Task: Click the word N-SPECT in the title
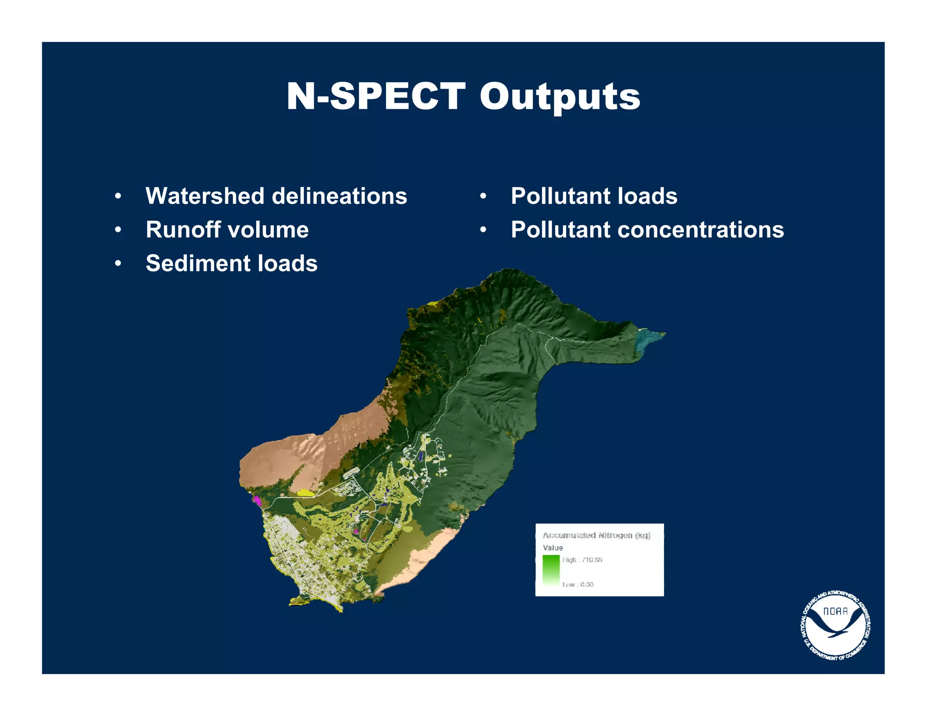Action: pyautogui.click(x=376, y=96)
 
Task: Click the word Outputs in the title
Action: pyautogui.click(x=560, y=96)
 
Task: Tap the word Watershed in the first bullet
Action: pyautogui.click(x=205, y=196)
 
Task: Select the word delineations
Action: pyautogui.click(x=339, y=196)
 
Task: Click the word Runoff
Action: pyautogui.click(x=182, y=229)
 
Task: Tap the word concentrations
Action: pyautogui.click(x=701, y=229)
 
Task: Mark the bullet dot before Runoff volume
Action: pyautogui.click(x=118, y=230)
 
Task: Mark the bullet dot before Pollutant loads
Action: pyautogui.click(x=483, y=196)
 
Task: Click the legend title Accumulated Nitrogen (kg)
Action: pyautogui.click(x=596, y=535)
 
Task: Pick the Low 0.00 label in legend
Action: pyautogui.click(x=578, y=584)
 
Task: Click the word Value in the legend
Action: pyautogui.click(x=553, y=548)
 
